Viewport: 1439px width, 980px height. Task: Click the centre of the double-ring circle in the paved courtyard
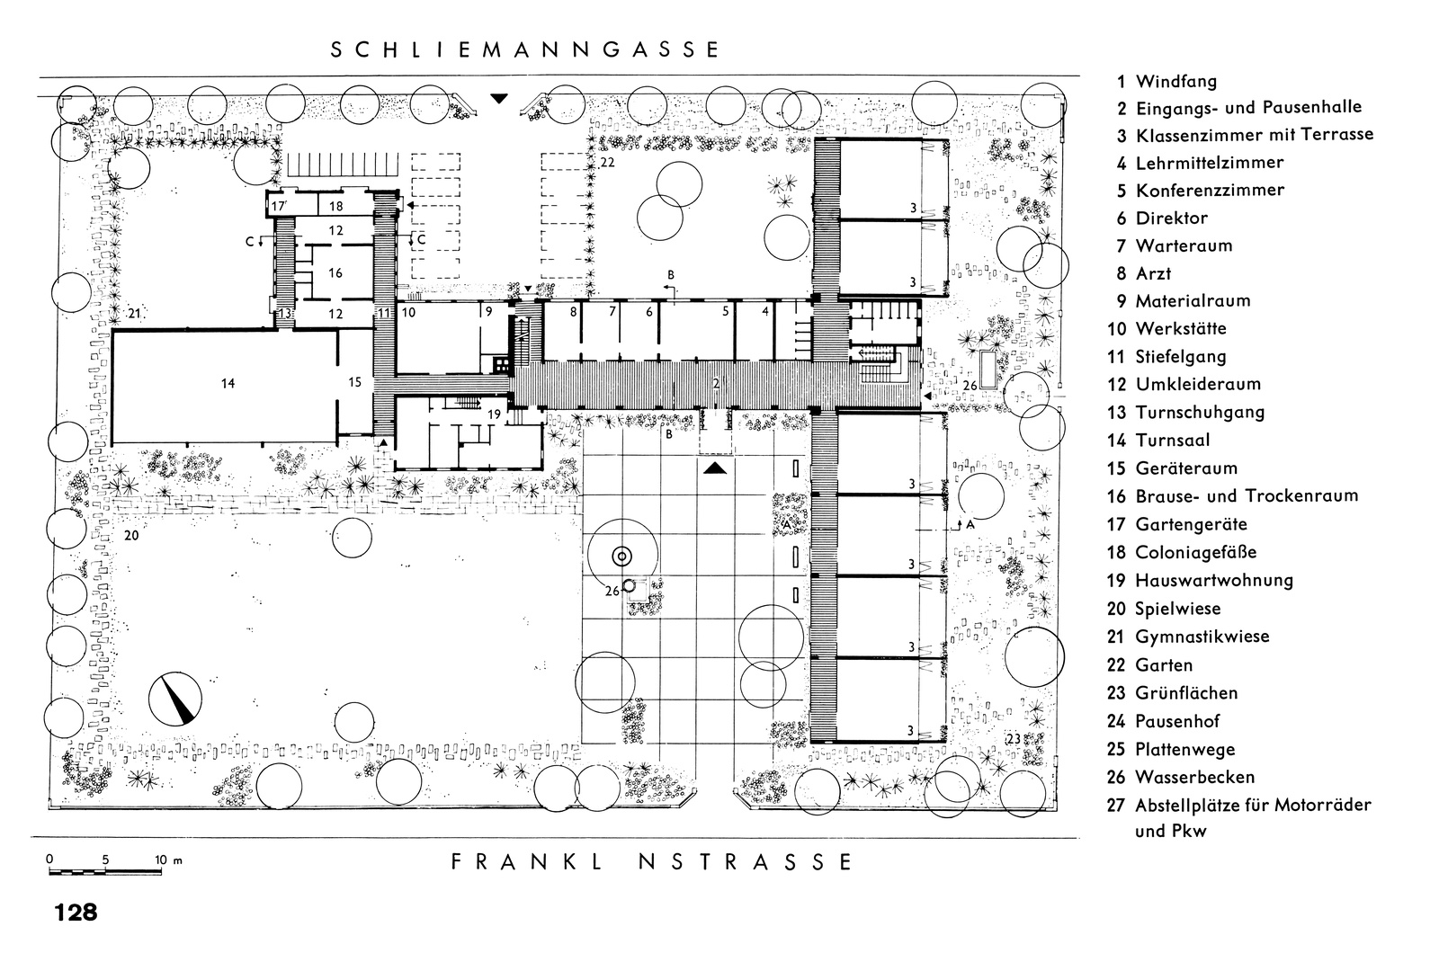[621, 557]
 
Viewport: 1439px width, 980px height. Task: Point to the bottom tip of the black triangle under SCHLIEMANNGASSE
[499, 103]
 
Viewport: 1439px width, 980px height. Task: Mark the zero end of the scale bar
[50, 871]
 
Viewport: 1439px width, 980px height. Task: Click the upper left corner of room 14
[113, 331]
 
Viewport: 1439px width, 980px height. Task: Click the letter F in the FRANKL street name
[457, 862]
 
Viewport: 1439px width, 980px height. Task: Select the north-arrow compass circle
[174, 699]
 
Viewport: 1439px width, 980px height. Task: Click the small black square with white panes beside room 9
[501, 365]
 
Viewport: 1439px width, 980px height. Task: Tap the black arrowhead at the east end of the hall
[926, 396]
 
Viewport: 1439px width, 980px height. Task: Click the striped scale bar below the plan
[105, 872]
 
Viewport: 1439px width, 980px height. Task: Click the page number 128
[76, 912]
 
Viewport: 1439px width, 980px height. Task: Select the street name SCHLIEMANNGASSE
[524, 50]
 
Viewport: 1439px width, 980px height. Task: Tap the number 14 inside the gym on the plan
[228, 383]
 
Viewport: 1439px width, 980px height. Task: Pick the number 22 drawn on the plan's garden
[607, 163]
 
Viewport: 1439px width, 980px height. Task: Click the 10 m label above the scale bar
[168, 860]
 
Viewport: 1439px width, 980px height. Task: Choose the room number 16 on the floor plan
[335, 273]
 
